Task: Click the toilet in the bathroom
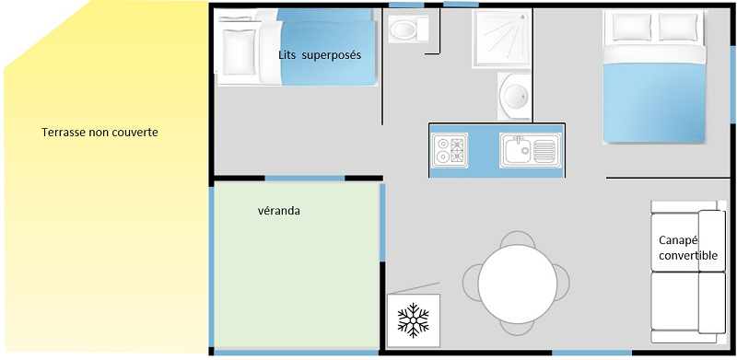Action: click(408, 29)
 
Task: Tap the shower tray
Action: click(501, 39)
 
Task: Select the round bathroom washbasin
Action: click(515, 96)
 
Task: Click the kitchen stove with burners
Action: click(450, 150)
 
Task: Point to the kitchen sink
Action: click(531, 150)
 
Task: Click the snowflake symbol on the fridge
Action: click(413, 320)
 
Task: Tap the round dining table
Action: click(518, 284)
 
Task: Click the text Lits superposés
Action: click(320, 55)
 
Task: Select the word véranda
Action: click(279, 211)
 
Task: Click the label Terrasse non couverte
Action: click(99, 133)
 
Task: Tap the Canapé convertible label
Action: click(688, 248)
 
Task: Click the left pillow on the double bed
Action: click(632, 27)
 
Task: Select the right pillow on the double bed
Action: click(678, 27)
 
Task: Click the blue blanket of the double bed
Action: click(654, 102)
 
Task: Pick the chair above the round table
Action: click(518, 238)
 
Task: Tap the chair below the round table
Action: click(518, 329)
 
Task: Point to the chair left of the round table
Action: click(471, 283)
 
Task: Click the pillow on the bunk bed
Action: click(239, 52)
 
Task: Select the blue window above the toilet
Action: click(406, 5)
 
